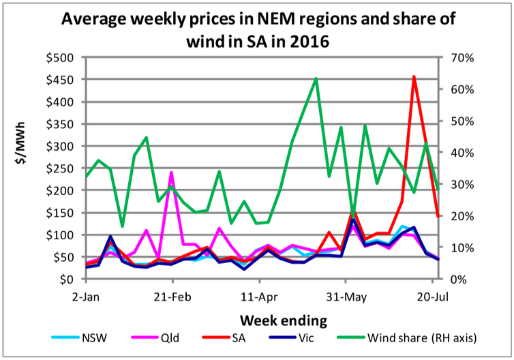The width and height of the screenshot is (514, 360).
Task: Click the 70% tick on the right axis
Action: pyautogui.click(x=455, y=57)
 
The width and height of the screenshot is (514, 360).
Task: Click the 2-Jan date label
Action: pyautogui.click(x=86, y=297)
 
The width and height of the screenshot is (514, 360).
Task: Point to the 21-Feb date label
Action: pyautogui.click(x=171, y=297)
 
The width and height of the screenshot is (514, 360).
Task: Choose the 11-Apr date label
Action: pyautogui.click(x=259, y=297)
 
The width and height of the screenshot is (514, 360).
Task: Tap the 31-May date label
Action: pyautogui.click(x=346, y=297)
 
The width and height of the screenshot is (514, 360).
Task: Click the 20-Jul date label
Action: pyautogui.click(x=432, y=297)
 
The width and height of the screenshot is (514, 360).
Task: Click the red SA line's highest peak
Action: pyautogui.click(x=414, y=76)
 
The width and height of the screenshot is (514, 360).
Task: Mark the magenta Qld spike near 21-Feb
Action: pyautogui.click(x=171, y=172)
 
